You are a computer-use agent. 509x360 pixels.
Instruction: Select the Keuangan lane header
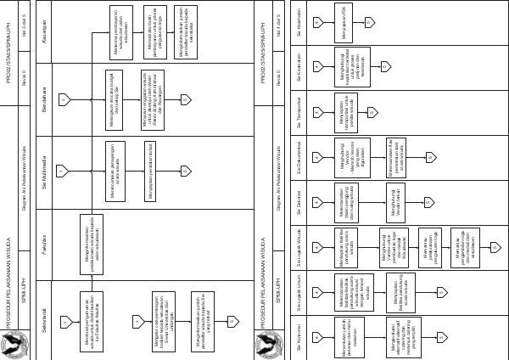click(x=43, y=17)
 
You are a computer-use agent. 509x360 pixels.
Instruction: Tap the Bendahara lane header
click(x=43, y=86)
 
